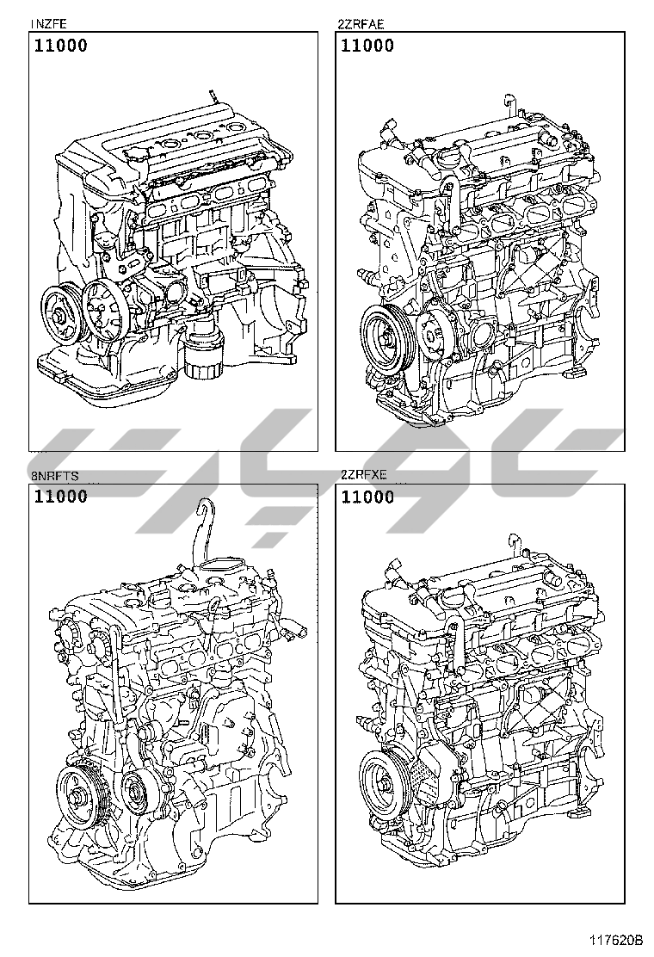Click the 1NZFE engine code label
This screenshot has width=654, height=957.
(47, 24)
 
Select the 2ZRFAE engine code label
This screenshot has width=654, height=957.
(361, 24)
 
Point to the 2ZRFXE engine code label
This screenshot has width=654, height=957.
(363, 475)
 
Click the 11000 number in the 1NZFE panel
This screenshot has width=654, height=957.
(60, 45)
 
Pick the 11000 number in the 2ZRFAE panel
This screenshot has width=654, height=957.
(367, 45)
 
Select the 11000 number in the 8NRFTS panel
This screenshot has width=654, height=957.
(60, 497)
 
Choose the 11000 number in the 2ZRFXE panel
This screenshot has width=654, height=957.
(367, 497)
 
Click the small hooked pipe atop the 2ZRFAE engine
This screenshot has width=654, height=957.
(510, 105)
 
